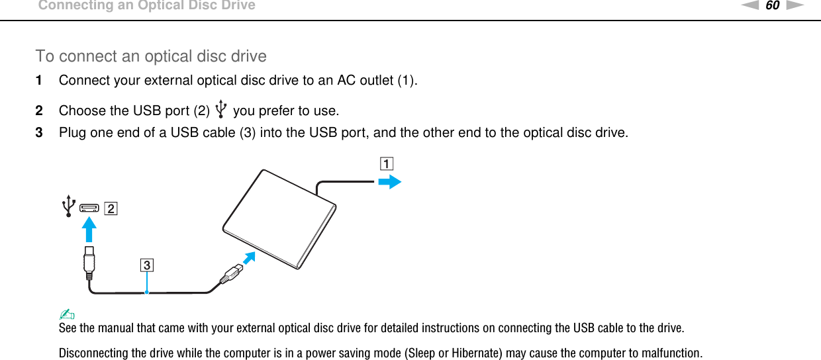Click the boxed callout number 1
386,163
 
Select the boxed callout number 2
110,210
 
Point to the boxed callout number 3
146,266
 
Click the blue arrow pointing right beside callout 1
393,182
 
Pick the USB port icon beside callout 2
89,209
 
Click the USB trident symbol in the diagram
68,206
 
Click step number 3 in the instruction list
39,133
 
